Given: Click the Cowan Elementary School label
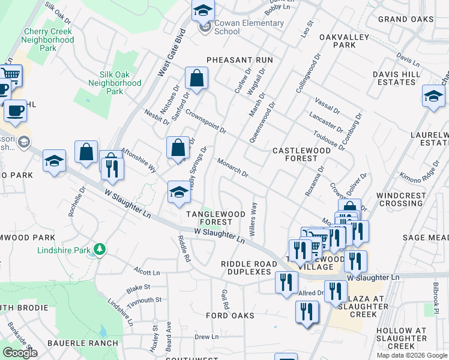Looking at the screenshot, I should (x=248, y=27).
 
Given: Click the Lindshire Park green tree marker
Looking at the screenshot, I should (x=100, y=249).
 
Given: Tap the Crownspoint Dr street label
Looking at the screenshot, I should (x=205, y=121).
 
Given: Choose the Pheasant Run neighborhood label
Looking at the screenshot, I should (x=240, y=60).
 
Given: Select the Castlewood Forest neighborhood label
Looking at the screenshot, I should (x=295, y=154).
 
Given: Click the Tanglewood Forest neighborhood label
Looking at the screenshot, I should (x=215, y=218).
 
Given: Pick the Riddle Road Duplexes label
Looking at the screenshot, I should (x=246, y=268).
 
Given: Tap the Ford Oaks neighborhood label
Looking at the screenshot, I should (x=230, y=316).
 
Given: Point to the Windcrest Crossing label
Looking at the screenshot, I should (x=402, y=200).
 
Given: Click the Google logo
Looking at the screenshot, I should (x=20, y=353).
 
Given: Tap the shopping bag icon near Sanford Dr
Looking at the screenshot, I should (x=196, y=78).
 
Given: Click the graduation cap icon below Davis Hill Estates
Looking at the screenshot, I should (x=433, y=96).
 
